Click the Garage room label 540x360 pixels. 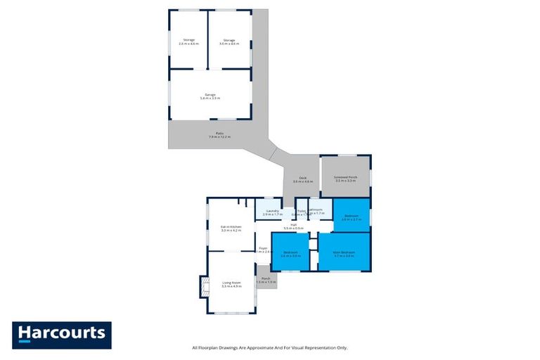210,96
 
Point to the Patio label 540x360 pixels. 219,134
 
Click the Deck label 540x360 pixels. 302,179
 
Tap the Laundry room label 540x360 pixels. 273,211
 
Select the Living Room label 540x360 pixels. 231,284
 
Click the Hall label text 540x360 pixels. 293,225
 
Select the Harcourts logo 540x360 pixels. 62,335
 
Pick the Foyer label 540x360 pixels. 263,248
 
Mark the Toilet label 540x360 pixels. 301,210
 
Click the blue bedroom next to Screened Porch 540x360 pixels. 351,217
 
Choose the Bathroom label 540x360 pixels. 316,210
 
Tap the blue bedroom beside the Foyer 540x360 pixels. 290,254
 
